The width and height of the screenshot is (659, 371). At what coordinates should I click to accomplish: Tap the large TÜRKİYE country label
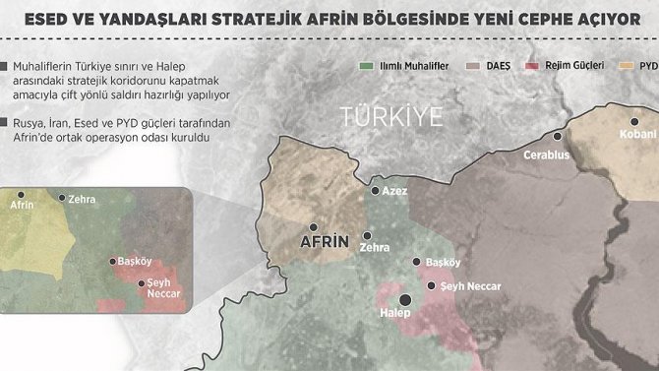pos(391,115)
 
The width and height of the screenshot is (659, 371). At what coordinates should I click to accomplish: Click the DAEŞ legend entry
pos(489,67)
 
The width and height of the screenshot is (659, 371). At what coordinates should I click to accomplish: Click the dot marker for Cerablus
pos(558,138)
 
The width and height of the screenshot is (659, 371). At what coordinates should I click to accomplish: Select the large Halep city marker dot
pos(403,301)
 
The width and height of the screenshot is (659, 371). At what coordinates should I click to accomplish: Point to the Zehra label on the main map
pos(375,248)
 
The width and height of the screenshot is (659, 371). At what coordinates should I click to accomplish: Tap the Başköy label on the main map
pos(443,263)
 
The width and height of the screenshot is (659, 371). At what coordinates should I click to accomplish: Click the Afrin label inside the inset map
pos(21,206)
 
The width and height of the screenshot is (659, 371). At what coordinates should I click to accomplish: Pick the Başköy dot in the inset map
pos(111,262)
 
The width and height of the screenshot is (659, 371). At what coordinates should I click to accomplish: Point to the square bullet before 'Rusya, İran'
pos(5,122)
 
